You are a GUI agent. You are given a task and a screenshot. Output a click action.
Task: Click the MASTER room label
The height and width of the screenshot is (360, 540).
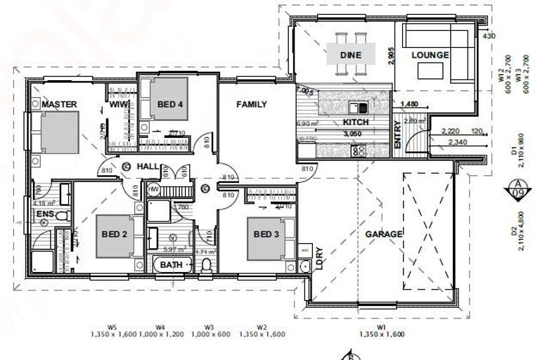click(x=58, y=104)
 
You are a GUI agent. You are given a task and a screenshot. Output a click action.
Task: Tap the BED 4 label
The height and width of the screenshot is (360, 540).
click(x=170, y=104)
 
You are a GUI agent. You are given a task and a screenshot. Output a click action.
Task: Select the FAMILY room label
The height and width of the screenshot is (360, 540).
click(x=251, y=104)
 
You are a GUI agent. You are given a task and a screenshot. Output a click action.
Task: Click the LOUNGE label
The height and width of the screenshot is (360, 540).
click(x=430, y=54)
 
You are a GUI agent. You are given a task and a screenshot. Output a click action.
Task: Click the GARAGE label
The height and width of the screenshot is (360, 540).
click(x=383, y=234)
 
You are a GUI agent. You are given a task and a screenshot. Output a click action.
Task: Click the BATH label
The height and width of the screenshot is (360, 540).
click(x=171, y=264)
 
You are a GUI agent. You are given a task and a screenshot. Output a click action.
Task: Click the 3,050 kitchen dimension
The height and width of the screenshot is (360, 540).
click(x=353, y=133)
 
